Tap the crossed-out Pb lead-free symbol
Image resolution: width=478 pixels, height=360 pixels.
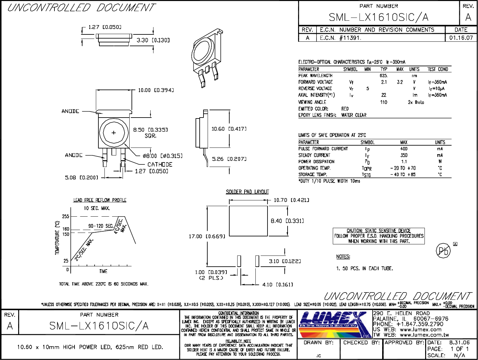click(443, 251)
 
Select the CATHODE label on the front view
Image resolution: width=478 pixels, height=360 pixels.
click(160, 164)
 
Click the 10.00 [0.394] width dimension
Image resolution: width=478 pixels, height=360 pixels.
click(156, 90)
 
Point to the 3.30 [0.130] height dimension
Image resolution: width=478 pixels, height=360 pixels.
click(153, 40)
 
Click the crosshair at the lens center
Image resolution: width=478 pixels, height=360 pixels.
click(114, 133)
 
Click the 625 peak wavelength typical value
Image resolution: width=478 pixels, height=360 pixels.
click(383, 76)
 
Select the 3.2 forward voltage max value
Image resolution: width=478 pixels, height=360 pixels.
click(400, 82)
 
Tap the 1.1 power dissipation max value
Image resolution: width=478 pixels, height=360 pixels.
click(404, 162)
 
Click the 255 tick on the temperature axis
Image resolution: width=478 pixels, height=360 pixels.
click(66, 216)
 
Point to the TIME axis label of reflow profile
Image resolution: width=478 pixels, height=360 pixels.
click(103, 271)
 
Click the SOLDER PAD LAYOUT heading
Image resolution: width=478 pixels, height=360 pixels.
click(247, 192)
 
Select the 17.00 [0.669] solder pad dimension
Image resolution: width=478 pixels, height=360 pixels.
click(207, 236)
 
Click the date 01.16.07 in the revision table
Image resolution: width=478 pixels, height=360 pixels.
click(461, 38)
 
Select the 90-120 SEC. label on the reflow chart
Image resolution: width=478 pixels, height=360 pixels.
click(101, 226)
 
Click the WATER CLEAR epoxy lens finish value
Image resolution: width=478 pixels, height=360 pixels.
click(353, 115)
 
